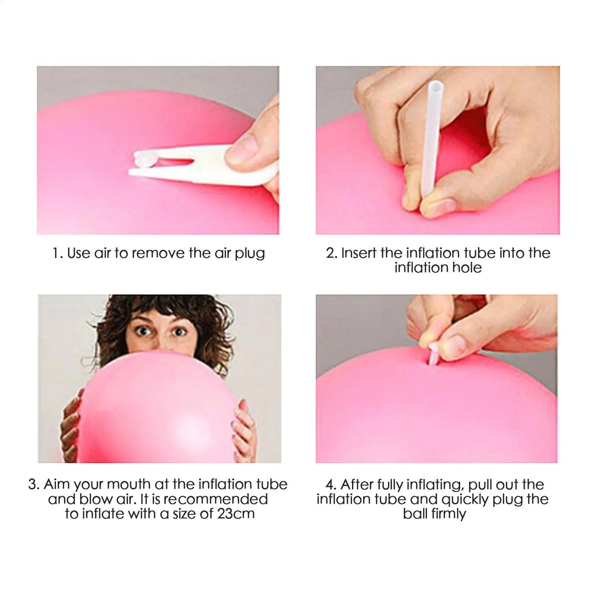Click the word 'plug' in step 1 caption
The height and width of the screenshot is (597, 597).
click(x=250, y=253)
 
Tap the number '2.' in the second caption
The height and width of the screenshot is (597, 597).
click(x=332, y=253)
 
